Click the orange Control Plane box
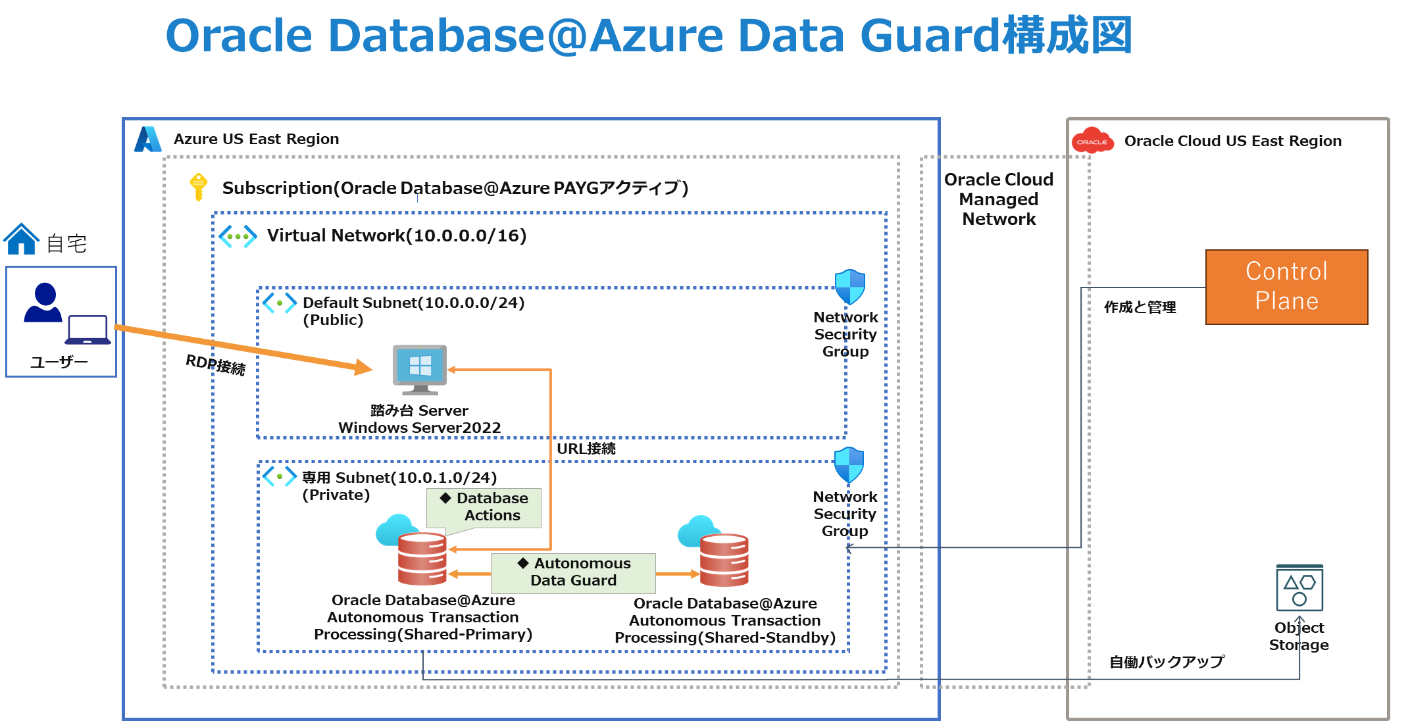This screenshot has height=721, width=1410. (x=1286, y=287)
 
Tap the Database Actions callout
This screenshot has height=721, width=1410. (x=484, y=507)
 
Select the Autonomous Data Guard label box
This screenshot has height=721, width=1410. (x=573, y=572)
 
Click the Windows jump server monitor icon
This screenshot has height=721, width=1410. (x=420, y=368)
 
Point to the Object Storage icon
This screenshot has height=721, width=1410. (x=1299, y=587)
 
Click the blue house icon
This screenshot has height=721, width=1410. (x=22, y=239)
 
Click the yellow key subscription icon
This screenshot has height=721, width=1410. (x=198, y=187)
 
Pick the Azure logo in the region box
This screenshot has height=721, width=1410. (x=148, y=139)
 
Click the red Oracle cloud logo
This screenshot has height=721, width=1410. (x=1092, y=141)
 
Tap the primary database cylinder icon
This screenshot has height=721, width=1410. (x=422, y=559)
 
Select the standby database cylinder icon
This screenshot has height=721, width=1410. (x=724, y=560)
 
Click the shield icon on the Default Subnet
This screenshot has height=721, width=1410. (x=849, y=287)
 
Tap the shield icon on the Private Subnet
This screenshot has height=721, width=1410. (x=849, y=465)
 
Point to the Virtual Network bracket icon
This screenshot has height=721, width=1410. (x=238, y=236)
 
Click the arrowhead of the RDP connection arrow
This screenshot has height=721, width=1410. (x=364, y=368)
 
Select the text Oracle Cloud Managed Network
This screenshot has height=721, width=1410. (x=999, y=199)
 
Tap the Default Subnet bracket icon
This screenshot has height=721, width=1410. (x=280, y=303)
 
